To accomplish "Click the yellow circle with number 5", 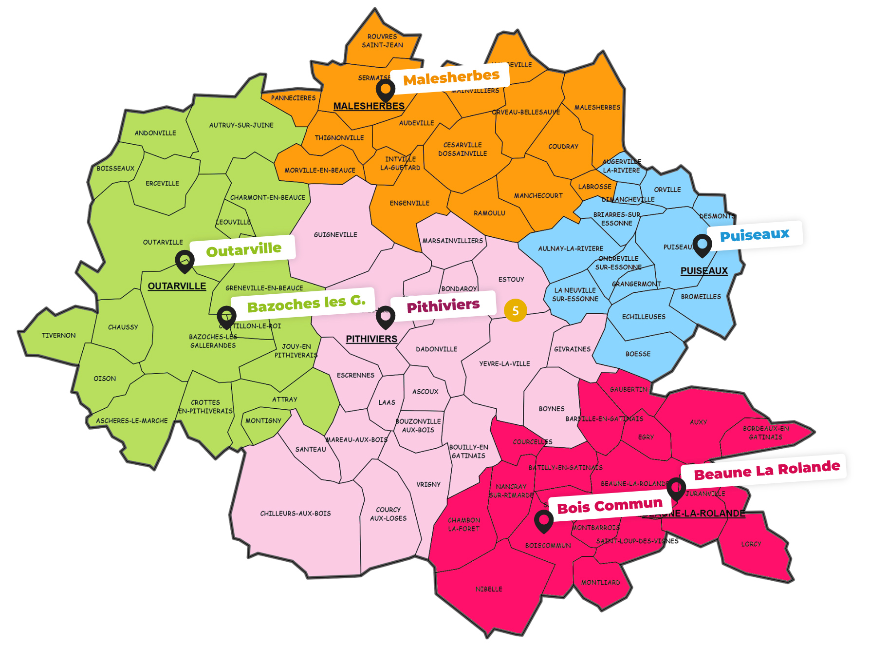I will click(x=515, y=310).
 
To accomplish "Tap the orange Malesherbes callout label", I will click(x=451, y=77).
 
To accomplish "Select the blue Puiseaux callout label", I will click(x=754, y=235).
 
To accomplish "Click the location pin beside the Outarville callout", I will click(x=185, y=261).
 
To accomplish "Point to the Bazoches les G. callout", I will click(x=305, y=304).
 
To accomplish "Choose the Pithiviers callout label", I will click(x=443, y=306).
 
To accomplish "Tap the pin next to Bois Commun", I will click(x=543, y=520).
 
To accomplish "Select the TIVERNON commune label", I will click(x=58, y=335).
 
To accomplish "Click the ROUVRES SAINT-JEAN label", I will click(x=382, y=40).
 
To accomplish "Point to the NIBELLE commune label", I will click(x=489, y=589).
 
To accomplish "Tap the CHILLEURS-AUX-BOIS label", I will click(x=295, y=514).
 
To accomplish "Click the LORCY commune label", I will click(x=751, y=544).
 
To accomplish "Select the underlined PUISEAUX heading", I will click(x=703, y=271).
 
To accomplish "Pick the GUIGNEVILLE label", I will click(x=335, y=235).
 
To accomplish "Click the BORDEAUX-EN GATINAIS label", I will click(x=765, y=433).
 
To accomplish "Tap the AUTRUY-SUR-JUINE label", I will click(x=241, y=125).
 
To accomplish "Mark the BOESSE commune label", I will click(x=638, y=354).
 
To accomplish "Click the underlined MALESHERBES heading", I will click(x=369, y=106).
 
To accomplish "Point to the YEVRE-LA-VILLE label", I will click(x=504, y=363).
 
